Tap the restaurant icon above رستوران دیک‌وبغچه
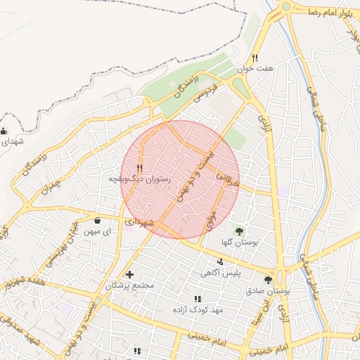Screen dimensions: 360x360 tap(140, 168)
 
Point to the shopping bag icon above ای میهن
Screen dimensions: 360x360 tap(97, 221)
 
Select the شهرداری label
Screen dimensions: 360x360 tap(138, 222)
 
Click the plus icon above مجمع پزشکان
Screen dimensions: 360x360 tap(129, 274)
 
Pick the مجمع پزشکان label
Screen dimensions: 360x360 tap(129, 286)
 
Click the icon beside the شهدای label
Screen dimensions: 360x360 tap(5, 130)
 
